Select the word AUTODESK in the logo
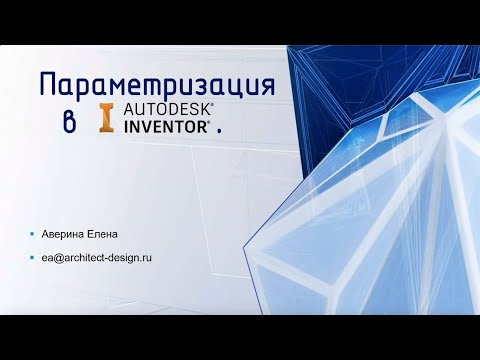click(162, 111)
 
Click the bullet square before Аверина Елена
click(32, 237)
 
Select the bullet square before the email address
click(32, 258)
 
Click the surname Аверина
click(62, 237)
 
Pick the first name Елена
click(102, 237)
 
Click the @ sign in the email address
click(55, 258)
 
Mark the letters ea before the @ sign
click(45, 258)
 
